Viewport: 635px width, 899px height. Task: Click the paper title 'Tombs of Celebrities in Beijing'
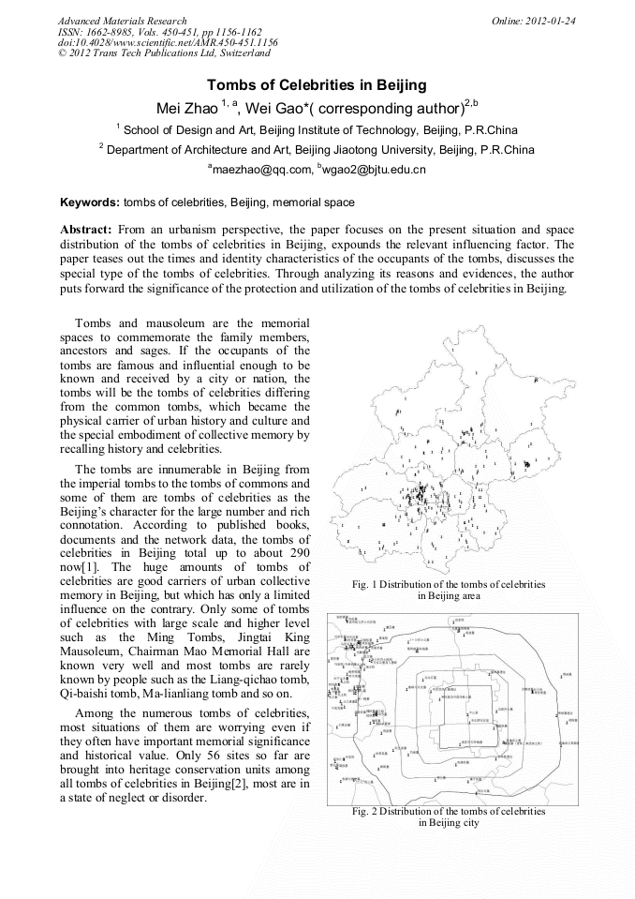pos(317,84)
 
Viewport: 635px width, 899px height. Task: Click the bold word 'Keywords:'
pos(90,202)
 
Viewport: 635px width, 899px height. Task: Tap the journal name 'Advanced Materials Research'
pos(122,21)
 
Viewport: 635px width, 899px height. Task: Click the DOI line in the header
pos(168,42)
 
